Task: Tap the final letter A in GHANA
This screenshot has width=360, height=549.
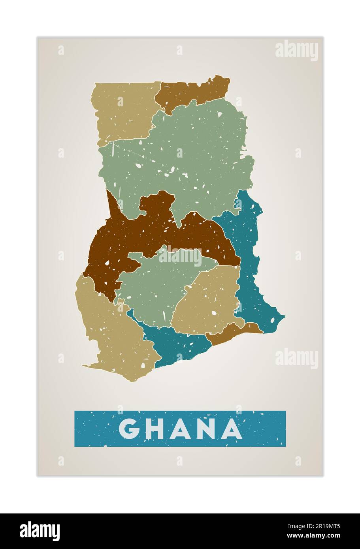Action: click(x=232, y=429)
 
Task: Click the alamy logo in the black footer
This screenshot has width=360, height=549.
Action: click(x=40, y=531)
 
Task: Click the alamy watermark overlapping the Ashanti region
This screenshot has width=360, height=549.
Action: click(x=180, y=256)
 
